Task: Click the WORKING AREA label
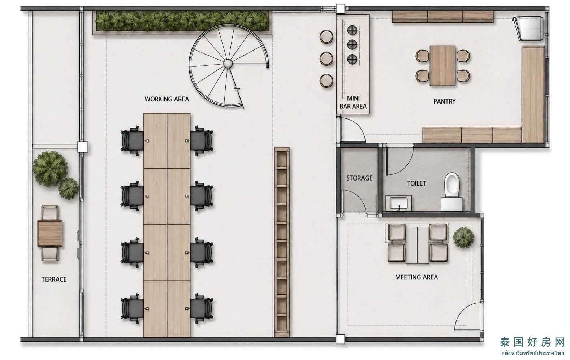167,99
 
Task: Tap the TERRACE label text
54,279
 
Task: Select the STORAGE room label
359,178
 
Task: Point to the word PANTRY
445,101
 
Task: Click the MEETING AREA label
416,277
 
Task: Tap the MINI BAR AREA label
353,102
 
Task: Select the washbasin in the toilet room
398,203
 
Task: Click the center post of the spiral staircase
228,63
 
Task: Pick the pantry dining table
443,66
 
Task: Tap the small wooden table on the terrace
50,234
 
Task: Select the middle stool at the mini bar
326,58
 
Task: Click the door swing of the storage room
354,201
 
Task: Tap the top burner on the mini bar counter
352,30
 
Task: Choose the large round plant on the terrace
50,169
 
